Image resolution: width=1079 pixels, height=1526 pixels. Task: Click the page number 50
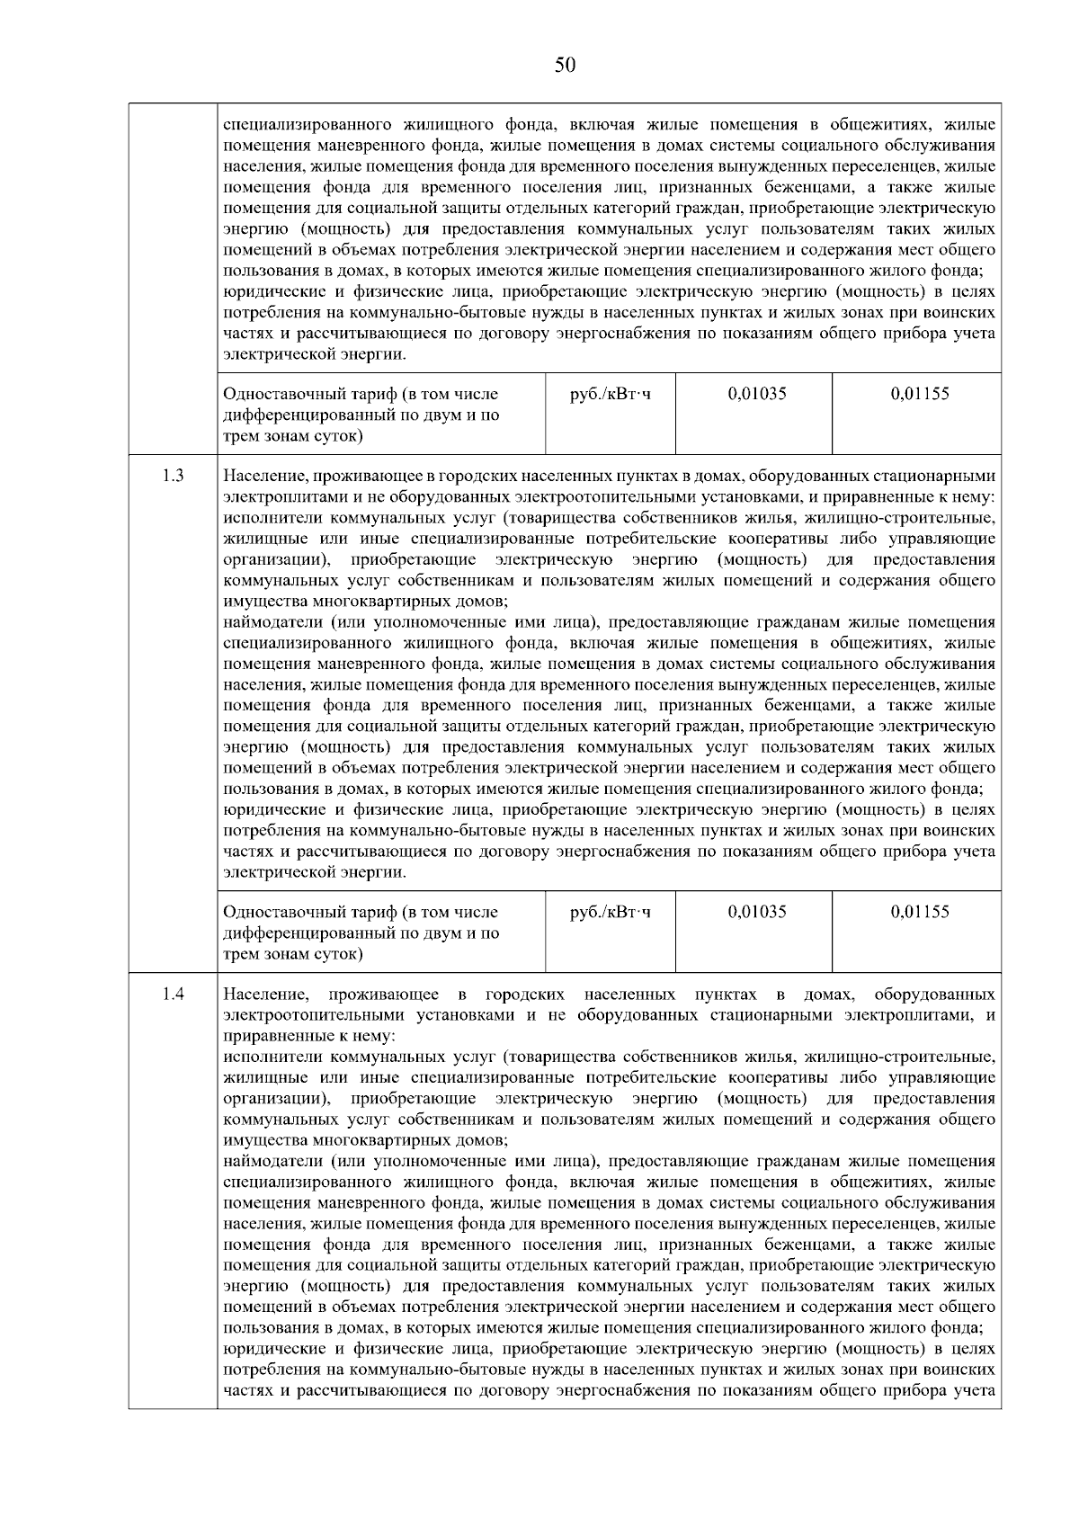565,65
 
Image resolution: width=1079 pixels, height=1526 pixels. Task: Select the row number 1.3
173,476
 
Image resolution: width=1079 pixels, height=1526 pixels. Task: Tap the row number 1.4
173,994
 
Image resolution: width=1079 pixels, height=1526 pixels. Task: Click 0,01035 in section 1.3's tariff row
757,911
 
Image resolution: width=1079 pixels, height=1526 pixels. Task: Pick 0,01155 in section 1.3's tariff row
920,911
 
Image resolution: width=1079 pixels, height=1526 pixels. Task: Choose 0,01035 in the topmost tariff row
757,393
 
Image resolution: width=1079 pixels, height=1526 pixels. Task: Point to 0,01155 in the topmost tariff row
920,393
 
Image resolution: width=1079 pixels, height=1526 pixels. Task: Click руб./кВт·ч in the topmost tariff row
611,393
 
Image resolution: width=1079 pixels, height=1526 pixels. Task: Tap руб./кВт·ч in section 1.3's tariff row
611,911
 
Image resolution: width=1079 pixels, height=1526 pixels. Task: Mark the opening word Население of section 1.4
266,994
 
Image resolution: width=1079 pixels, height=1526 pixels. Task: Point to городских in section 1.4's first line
525,994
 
